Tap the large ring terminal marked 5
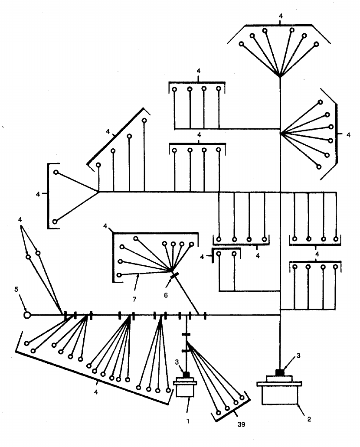tap(27, 315)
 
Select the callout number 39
tap(242, 424)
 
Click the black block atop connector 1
tap(187, 375)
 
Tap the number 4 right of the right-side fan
tap(348, 135)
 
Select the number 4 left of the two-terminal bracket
tap(38, 194)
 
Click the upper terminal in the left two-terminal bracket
tap(56, 173)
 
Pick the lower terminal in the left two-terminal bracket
tap(55, 222)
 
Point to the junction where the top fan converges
tap(280, 77)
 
